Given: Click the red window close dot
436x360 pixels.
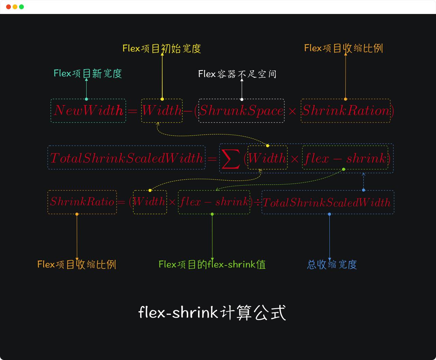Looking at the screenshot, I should click(x=9, y=7).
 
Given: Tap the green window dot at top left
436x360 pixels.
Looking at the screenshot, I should click(x=21, y=7).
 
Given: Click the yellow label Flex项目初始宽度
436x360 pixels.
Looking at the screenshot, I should click(x=162, y=48).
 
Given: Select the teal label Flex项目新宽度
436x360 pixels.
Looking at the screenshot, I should click(x=88, y=73).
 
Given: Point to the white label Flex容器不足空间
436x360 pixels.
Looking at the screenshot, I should click(x=237, y=74).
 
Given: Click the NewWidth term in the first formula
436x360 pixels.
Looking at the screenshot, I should click(x=88, y=111).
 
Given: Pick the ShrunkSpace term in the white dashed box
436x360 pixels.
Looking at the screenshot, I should click(x=241, y=111).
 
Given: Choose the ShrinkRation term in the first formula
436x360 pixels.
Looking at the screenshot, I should click(x=345, y=111).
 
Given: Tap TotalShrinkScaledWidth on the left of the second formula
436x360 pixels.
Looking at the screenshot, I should click(x=126, y=158).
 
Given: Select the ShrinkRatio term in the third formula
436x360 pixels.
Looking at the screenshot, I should click(x=82, y=202).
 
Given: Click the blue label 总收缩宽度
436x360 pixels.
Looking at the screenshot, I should click(x=332, y=264).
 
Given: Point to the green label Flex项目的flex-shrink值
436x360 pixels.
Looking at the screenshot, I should click(x=212, y=264).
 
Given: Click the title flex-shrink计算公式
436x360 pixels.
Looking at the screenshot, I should click(x=212, y=313).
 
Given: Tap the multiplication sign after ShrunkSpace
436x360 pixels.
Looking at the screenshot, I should click(x=292, y=111).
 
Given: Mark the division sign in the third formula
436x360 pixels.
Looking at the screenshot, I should click(x=257, y=202).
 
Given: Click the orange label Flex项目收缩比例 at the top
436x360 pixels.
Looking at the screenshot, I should click(x=343, y=48).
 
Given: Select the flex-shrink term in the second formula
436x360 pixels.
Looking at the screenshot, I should click(x=345, y=158).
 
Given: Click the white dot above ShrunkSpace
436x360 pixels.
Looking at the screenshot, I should click(x=242, y=99).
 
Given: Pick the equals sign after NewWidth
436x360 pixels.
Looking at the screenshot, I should click(x=132, y=111).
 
